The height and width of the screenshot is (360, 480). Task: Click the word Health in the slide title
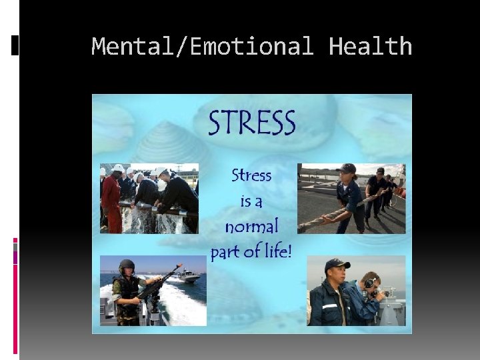tap(371, 47)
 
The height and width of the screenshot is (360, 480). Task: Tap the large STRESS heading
tap(252, 124)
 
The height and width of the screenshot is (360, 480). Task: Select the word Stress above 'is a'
tap(251, 176)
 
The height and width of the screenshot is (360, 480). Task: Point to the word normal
tap(251, 227)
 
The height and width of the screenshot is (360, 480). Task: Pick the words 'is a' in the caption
tap(251, 201)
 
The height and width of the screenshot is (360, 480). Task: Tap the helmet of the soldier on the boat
tap(127, 265)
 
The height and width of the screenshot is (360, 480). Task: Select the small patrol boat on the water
tap(186, 276)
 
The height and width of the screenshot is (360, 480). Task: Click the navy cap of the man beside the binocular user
tap(337, 264)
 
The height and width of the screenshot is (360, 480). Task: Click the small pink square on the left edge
tap(15, 241)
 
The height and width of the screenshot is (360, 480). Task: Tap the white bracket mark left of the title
tap(15, 45)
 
